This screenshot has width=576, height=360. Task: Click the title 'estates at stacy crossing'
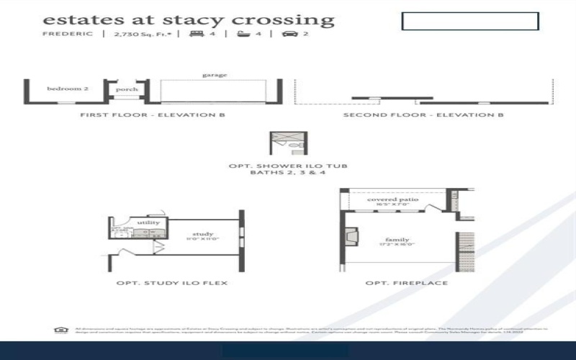pyautogui.click(x=189, y=20)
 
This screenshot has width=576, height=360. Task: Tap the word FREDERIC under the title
pyautogui.click(x=68, y=34)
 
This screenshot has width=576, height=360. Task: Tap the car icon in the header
pyautogui.click(x=289, y=34)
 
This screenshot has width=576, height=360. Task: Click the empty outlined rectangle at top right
pyautogui.click(x=469, y=21)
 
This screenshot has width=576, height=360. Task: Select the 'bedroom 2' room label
pyautogui.click(x=68, y=89)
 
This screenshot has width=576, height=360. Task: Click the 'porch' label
pyautogui.click(x=127, y=89)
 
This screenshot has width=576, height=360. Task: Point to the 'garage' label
pyautogui.click(x=215, y=75)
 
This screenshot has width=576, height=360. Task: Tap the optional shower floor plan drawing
pyautogui.click(x=288, y=143)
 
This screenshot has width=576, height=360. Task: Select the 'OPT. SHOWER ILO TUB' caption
pyautogui.click(x=288, y=166)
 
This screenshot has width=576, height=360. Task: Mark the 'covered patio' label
pyautogui.click(x=392, y=199)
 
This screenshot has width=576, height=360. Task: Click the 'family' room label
pyautogui.click(x=397, y=240)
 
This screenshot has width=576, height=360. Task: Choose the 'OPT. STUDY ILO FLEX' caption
pyautogui.click(x=172, y=283)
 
